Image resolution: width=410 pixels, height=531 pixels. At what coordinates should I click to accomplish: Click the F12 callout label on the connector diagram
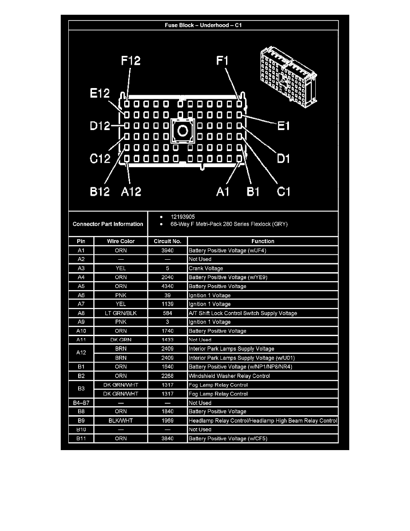pos(131,60)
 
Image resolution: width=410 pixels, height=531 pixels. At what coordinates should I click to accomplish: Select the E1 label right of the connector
pos(283,126)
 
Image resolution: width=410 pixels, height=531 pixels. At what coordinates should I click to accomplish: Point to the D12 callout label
pos(100,126)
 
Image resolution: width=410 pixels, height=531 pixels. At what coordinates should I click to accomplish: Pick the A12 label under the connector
pos(131,192)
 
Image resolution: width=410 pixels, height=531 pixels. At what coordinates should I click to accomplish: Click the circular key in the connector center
pos(182,131)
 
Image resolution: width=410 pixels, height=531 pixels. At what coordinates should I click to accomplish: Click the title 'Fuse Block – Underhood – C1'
pos(203,25)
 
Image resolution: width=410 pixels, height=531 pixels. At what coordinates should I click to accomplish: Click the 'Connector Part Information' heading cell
pos(108,224)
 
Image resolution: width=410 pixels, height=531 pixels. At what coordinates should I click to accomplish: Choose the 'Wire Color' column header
pos(121,241)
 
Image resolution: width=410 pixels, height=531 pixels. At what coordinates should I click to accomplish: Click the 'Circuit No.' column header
pos(167,241)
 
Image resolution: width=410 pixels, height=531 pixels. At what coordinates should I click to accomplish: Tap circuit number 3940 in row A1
pos(167,250)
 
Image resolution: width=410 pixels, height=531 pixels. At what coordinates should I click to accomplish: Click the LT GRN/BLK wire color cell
pos(121,313)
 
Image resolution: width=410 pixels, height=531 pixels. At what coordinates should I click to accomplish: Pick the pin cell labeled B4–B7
pos(81,403)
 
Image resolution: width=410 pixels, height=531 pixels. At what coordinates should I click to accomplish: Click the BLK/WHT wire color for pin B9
pos(121,421)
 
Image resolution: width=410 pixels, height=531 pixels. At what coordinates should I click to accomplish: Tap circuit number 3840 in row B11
pos(167,438)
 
